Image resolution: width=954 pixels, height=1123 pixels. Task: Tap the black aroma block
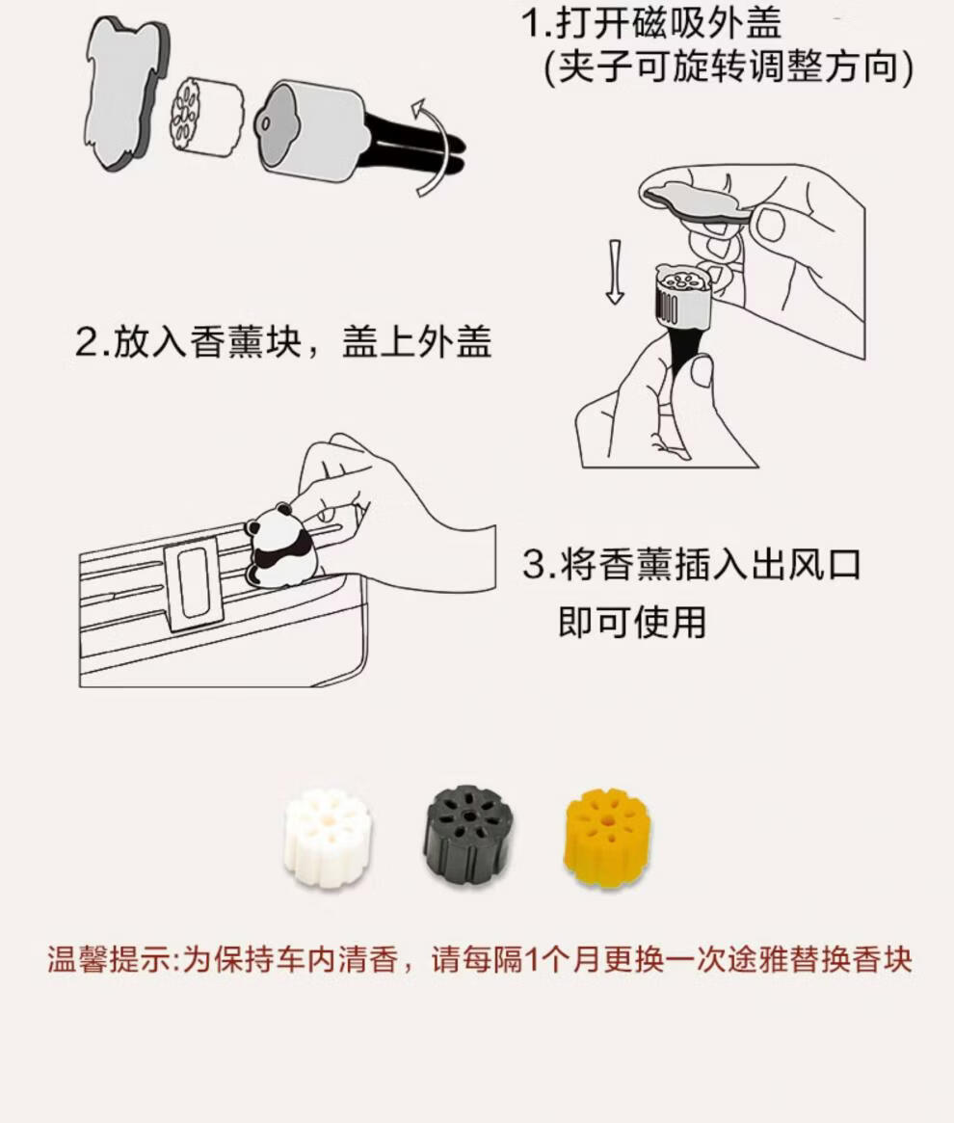[469, 832]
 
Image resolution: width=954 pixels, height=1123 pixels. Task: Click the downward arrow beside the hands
[615, 272]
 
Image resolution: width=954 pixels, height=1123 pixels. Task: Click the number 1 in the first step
[530, 23]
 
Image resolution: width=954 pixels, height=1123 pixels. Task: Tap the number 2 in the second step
[86, 341]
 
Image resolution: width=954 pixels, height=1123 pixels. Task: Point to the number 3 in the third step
[534, 564]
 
